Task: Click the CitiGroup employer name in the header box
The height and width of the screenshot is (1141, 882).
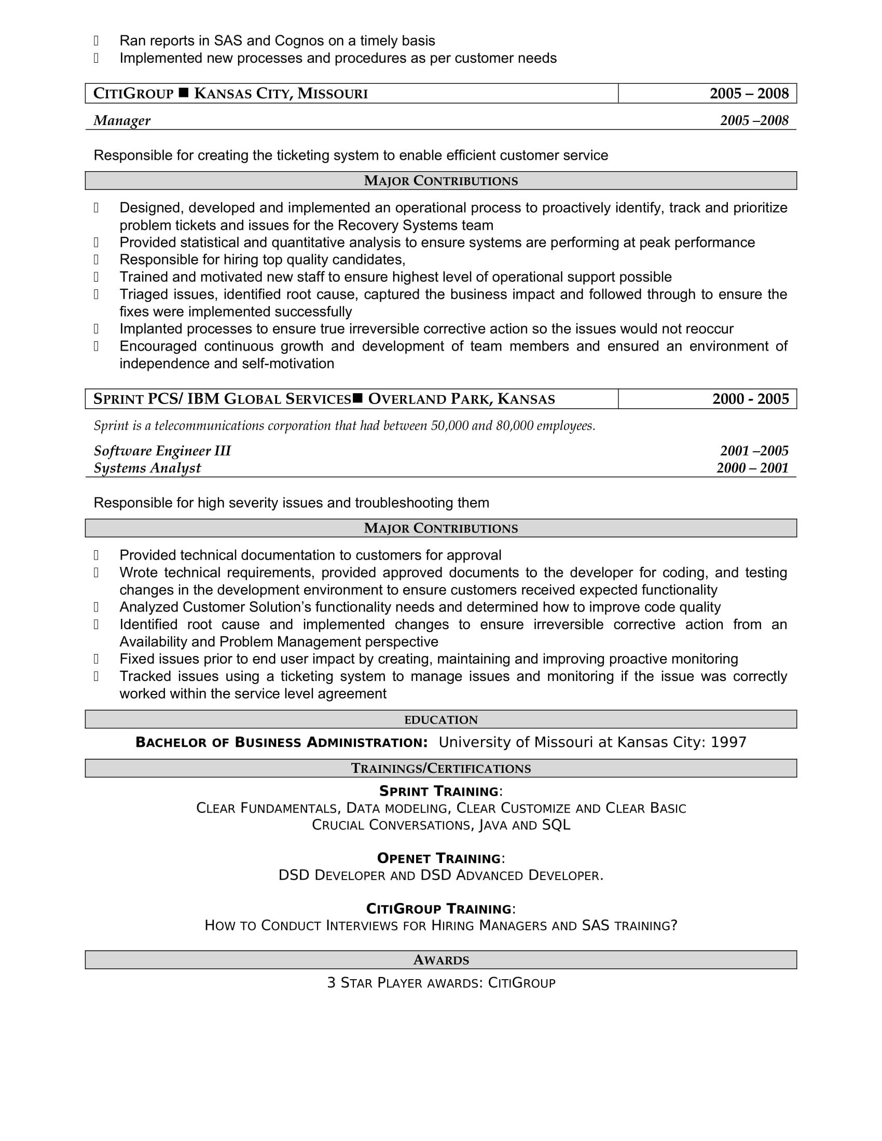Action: tap(133, 93)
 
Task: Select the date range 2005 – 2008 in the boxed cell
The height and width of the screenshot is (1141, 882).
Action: tap(748, 93)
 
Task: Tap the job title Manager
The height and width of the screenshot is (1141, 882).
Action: tap(122, 121)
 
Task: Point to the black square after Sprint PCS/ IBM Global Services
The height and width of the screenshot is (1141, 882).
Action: tap(357, 399)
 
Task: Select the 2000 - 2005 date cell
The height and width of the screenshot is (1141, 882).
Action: tap(750, 399)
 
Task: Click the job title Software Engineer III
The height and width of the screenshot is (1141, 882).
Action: tap(162, 451)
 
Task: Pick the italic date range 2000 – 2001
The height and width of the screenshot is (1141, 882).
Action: tap(752, 468)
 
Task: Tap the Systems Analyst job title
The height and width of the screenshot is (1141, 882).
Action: tap(147, 468)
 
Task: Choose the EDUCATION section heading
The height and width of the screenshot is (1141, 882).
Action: tap(440, 720)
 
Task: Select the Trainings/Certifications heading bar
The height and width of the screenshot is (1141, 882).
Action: tap(440, 769)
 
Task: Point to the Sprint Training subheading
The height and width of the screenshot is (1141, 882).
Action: tap(439, 791)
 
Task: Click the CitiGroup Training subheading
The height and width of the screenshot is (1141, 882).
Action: tap(439, 909)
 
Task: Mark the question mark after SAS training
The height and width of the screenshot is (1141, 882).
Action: tap(673, 926)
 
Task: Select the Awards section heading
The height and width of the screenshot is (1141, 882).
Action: tap(440, 960)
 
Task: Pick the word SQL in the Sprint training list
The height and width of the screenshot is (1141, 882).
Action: tap(556, 826)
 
